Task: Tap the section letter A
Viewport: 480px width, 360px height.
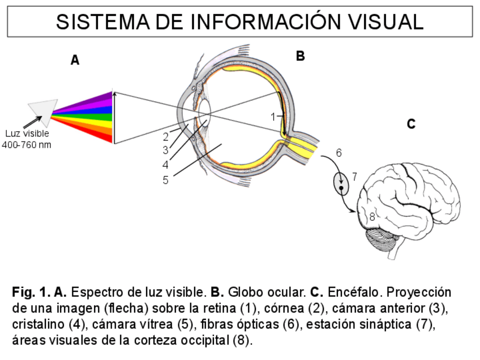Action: coord(75,60)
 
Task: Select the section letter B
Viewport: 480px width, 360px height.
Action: coord(301,55)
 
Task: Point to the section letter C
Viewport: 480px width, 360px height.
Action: coord(412,124)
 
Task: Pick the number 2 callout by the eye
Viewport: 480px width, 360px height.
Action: coord(165,136)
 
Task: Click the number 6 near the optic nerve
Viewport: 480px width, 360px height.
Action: coord(338,153)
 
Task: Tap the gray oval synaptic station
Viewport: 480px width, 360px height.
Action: coord(341,182)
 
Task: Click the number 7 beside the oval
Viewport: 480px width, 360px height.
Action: coord(354,177)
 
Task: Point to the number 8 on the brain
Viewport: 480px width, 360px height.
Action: coord(372,216)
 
